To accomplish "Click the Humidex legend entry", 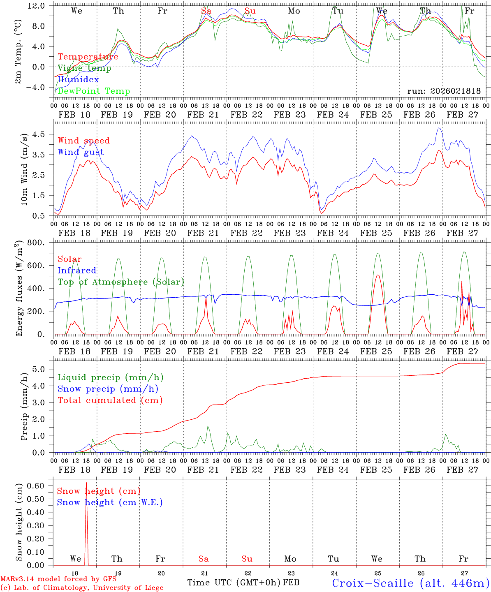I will click(x=78, y=80).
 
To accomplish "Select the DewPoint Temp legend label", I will click(x=94, y=91).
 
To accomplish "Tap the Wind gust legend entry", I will click(x=81, y=152).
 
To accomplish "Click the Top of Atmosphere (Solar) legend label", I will click(x=121, y=282).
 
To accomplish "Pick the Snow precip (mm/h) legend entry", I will click(x=108, y=389).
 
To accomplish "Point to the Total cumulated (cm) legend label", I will click(x=110, y=400).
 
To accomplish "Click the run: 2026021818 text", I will click(x=444, y=91).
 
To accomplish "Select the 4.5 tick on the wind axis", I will click(x=43, y=134).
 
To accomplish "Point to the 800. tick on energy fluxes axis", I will click(x=40, y=243).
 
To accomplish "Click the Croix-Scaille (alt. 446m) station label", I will click(x=410, y=583).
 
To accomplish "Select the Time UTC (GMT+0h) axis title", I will click(x=234, y=583).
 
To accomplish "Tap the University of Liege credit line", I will click(x=82, y=588).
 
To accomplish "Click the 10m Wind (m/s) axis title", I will click(x=25, y=169).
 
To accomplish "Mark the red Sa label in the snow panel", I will click(x=204, y=559).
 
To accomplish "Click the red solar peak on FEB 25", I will click(x=378, y=275).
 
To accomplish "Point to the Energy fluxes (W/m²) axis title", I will click(x=19, y=289).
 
